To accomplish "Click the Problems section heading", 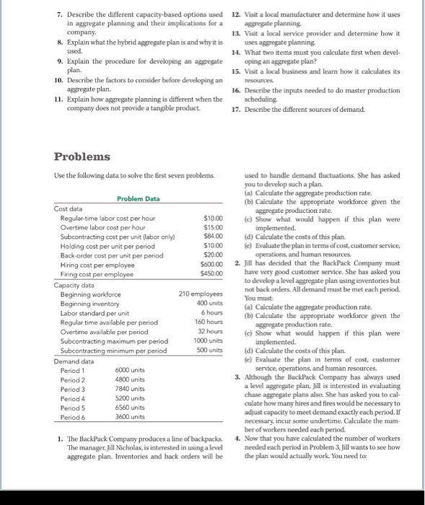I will coord(82,157).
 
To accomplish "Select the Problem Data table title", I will coord(138,198).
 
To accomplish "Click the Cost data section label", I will coord(70,208).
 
